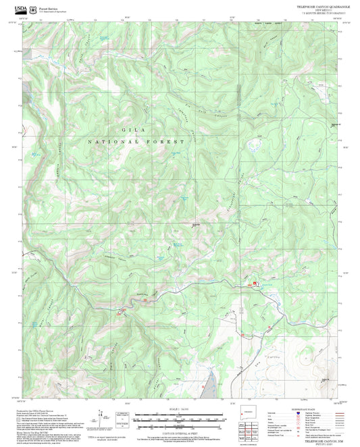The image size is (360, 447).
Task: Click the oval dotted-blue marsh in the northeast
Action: pyautogui.click(x=255, y=144)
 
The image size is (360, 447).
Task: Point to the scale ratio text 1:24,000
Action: pyautogui.click(x=179, y=409)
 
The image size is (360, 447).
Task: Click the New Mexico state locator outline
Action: pyautogui.click(x=253, y=414)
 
